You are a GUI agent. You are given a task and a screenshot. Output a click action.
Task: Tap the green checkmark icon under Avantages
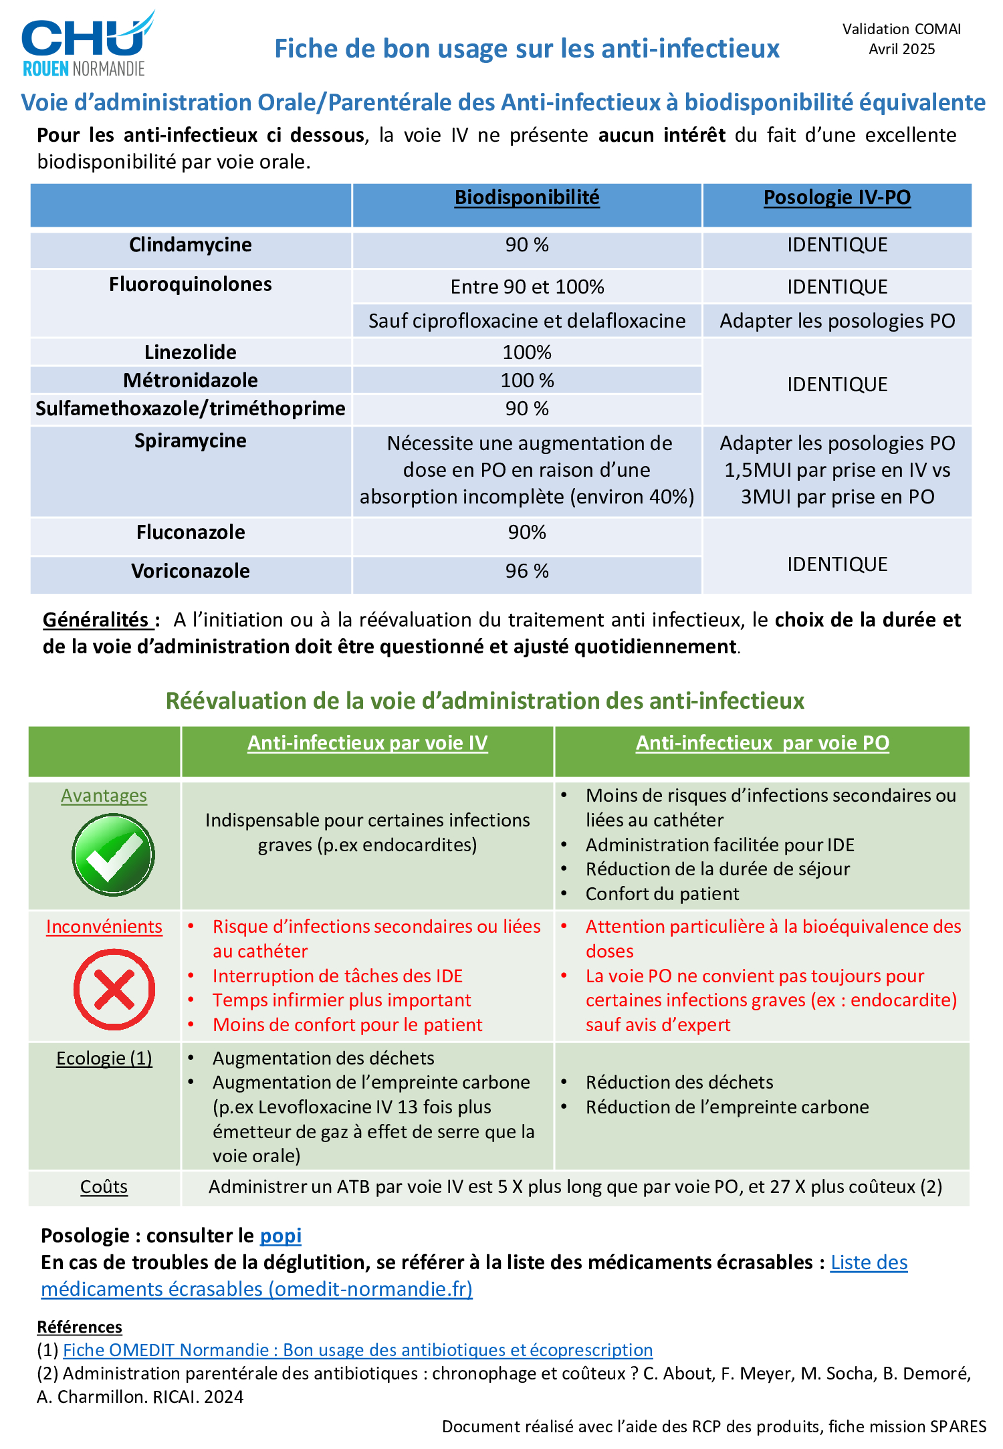coord(113,855)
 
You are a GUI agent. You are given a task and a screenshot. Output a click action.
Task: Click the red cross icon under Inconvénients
coord(114,989)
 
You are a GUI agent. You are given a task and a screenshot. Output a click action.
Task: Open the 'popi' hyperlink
coord(280,1236)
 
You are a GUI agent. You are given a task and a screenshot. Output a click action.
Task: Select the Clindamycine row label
coord(191,245)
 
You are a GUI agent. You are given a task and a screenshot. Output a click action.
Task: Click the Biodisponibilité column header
coord(527,197)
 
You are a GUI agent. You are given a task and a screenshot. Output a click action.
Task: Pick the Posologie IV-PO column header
coord(837,197)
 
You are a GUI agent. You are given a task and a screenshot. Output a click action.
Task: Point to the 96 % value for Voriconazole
coord(527,571)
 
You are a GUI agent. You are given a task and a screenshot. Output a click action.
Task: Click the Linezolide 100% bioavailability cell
coord(527,352)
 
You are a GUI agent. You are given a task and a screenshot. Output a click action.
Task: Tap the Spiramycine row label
coord(191,441)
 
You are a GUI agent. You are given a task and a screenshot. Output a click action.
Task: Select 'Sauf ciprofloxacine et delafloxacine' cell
coord(527,321)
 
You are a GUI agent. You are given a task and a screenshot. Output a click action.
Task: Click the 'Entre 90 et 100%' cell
coord(527,287)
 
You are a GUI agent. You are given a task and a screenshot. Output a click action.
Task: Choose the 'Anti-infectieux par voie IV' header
coord(367,743)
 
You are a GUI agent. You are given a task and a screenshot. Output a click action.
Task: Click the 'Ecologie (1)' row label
coord(104,1058)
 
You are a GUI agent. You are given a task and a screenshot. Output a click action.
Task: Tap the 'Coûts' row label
coord(104,1187)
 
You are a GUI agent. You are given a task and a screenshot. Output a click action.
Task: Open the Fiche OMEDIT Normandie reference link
coord(358,1350)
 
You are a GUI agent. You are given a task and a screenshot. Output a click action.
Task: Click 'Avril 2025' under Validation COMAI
coord(901,49)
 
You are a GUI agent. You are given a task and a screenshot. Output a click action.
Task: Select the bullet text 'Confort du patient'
coord(662,894)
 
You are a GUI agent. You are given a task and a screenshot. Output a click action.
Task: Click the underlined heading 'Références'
coord(80,1327)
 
